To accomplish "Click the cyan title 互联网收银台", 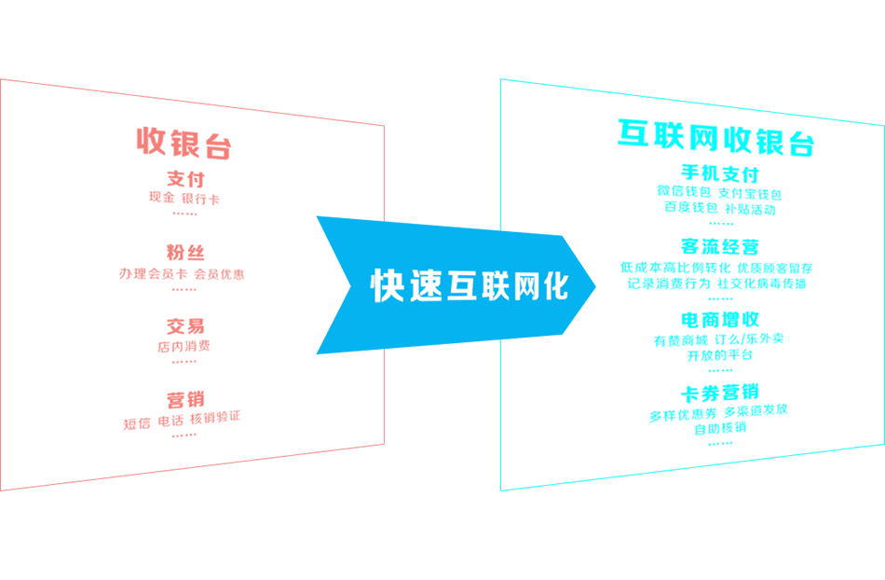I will coord(716,138).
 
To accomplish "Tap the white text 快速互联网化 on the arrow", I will coord(470,285).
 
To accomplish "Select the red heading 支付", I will coord(185,179).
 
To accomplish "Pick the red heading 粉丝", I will coord(185,253).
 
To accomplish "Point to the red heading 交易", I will coord(185,326).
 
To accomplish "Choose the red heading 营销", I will coord(185,400).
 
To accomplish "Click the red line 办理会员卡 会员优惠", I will coord(182,274).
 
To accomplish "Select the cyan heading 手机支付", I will coord(720,173).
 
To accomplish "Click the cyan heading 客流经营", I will coord(719,246).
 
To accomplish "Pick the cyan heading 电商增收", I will coord(719,319).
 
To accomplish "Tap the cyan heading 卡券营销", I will coord(719,391).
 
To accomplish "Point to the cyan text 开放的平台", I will coord(719,355).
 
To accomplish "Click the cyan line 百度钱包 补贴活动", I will coord(719,210).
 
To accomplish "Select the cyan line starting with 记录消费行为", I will coord(716,283).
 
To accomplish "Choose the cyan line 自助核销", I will coord(719,429).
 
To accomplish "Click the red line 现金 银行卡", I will coord(184,199).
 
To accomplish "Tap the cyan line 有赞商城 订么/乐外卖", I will coord(718,339).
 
